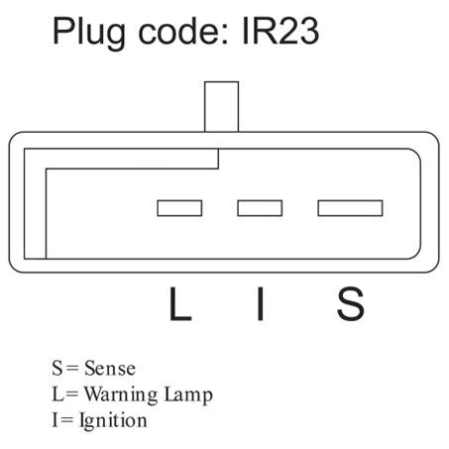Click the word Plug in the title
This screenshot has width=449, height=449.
[89, 33]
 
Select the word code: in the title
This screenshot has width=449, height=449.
[183, 31]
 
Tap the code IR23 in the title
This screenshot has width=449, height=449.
[281, 31]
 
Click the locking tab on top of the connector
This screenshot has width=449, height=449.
[221, 107]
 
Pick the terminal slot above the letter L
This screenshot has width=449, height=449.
[179, 208]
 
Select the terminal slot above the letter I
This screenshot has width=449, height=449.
[260, 208]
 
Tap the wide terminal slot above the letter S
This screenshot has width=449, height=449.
[350, 208]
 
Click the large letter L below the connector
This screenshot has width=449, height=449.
[180, 304]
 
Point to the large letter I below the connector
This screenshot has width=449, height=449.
[261, 304]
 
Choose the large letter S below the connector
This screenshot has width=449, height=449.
[351, 304]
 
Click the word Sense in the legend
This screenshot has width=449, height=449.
[110, 368]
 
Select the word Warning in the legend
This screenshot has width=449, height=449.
[121, 395]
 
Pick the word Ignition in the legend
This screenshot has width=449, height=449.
[113, 421]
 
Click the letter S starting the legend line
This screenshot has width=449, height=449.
[57, 368]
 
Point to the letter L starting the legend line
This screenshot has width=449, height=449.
[57, 394]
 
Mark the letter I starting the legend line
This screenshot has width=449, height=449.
[55, 420]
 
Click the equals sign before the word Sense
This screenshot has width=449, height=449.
[72, 369]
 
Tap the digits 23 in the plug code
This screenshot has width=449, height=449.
[299, 31]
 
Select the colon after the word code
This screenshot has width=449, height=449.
[225, 35]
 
